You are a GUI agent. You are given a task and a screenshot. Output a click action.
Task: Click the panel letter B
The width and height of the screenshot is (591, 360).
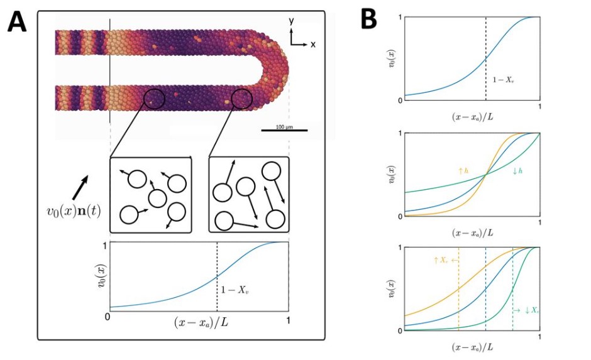(x=368, y=21)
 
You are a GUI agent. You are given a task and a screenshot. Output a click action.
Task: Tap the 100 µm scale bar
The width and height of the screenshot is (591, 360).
(x=284, y=129)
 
